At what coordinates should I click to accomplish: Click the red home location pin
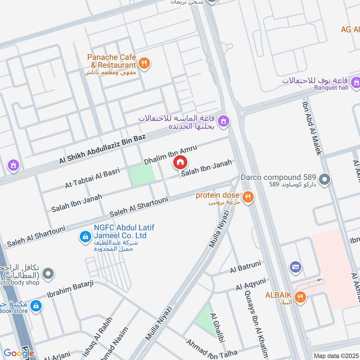point(180,162)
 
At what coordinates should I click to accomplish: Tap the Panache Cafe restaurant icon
point(144,63)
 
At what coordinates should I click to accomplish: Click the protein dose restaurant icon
point(247,197)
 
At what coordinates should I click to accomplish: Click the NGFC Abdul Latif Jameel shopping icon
point(85,236)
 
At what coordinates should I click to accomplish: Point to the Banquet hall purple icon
point(356,82)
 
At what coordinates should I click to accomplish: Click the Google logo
point(19,353)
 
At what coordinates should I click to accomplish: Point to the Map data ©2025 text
point(335,356)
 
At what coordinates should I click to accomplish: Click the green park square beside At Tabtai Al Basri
point(141,175)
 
